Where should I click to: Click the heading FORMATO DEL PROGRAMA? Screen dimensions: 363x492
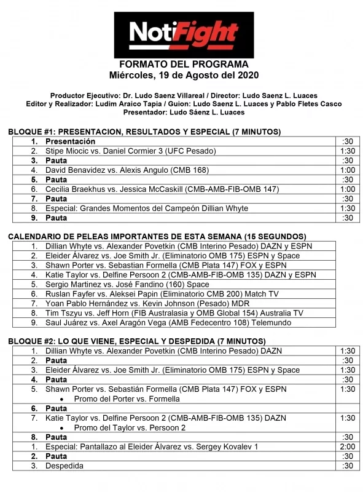(184, 65)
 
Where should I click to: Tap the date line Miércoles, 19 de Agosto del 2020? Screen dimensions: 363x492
(184, 75)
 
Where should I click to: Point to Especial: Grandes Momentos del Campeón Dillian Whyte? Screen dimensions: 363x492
(147, 208)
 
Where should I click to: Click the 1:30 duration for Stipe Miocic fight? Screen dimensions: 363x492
(348, 151)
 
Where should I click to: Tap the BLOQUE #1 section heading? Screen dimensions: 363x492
(144, 132)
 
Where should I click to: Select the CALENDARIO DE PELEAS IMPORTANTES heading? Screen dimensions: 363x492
(157, 237)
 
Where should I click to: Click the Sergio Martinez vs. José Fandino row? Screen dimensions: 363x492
(127, 285)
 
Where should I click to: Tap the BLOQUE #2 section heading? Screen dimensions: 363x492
(137, 341)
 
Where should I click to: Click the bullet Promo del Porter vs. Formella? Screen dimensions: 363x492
(125, 399)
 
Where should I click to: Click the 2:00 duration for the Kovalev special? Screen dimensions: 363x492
(348, 446)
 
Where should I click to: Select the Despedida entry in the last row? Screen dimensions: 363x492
(64, 466)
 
